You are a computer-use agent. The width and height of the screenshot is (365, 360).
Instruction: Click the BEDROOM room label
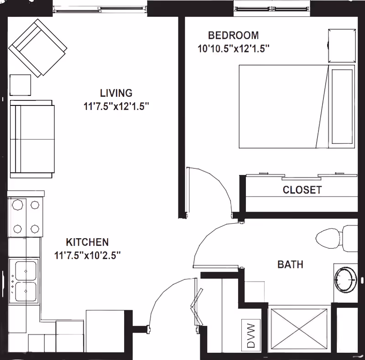[x=233, y=36]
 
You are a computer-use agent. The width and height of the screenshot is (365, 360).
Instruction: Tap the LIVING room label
[x=116, y=93]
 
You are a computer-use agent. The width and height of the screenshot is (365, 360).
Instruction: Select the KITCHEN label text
[x=87, y=242]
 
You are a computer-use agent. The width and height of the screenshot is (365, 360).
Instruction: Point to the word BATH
[x=290, y=265]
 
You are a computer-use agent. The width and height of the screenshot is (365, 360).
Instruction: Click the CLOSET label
[x=302, y=190]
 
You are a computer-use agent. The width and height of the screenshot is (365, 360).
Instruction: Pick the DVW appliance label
[x=251, y=335]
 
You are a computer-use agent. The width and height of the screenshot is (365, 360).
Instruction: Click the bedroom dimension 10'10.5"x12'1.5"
[x=234, y=49]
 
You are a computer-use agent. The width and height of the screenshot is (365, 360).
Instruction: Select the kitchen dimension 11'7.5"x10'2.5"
[x=87, y=256]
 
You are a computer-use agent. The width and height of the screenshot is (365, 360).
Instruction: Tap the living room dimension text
[x=116, y=106]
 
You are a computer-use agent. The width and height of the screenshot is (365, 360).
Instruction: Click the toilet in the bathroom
[x=337, y=238]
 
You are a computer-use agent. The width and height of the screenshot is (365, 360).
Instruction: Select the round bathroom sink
[x=345, y=279]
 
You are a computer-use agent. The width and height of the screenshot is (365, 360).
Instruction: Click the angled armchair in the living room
[x=38, y=48]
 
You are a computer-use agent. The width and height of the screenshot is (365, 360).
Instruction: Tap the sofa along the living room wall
[x=32, y=139]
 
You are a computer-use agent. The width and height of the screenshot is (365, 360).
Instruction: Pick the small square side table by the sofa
[x=20, y=85]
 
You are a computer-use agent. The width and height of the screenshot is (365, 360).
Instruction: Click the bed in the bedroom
[x=297, y=106]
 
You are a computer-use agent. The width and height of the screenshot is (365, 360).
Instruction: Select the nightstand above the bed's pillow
[x=342, y=46]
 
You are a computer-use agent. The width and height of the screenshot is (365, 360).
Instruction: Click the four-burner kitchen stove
[x=26, y=217]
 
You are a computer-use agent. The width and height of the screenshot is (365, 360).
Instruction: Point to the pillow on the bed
[x=342, y=106]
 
